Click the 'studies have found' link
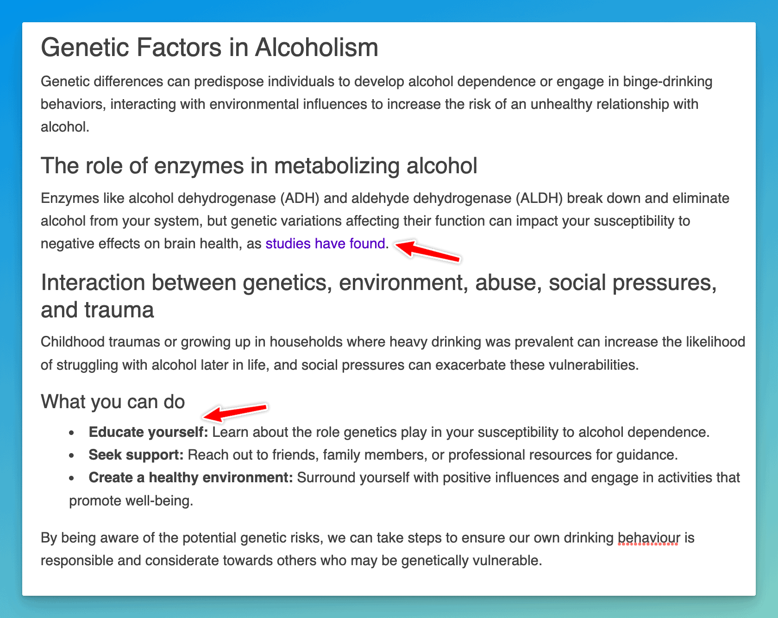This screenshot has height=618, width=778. tap(325, 243)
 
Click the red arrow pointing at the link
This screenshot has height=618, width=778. tap(427, 251)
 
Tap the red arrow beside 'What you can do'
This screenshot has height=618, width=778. tap(235, 411)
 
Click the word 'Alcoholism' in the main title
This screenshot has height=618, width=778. tap(317, 47)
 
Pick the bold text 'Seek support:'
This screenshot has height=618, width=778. tap(136, 455)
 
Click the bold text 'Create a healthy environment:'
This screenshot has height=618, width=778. tap(191, 478)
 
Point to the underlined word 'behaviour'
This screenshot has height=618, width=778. tap(649, 538)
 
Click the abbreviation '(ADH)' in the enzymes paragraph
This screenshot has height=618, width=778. tap(300, 198)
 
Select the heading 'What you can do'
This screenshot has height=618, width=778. tap(113, 402)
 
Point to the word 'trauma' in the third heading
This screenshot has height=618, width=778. tap(119, 310)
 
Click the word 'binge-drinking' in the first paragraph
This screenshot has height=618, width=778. tap(668, 82)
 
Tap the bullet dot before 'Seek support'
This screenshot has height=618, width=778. tap(71, 456)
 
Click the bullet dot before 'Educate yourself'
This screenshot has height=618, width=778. tap(71, 433)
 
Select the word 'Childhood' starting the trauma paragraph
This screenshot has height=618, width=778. tap(73, 342)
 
